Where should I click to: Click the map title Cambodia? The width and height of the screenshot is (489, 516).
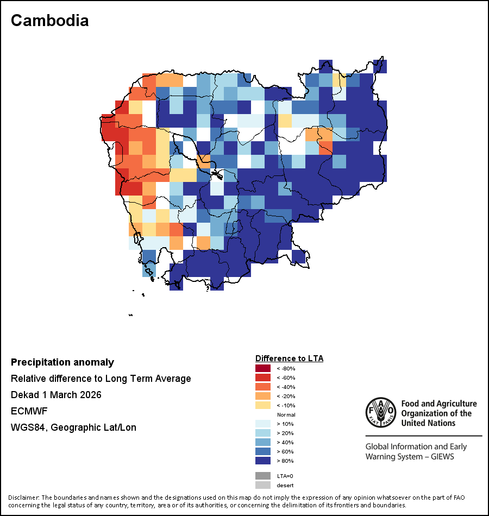[49, 21]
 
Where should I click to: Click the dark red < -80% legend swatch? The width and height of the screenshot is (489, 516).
[262, 368]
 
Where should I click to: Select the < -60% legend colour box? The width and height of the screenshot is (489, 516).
[262, 377]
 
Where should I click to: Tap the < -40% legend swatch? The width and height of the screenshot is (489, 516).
[262, 387]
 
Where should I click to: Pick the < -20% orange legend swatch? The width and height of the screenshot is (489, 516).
[262, 396]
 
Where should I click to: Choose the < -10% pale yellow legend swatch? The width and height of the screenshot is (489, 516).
[262, 405]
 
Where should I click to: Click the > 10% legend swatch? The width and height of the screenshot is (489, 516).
[262, 424]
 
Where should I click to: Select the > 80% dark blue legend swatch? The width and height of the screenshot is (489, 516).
[262, 461]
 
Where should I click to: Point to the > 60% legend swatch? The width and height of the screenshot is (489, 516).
[262, 451]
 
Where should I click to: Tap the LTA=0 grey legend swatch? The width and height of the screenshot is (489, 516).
[262, 476]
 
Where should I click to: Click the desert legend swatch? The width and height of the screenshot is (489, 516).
[262, 485]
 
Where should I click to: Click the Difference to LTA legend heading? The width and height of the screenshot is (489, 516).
[289, 358]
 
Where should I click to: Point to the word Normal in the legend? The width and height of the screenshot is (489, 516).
[286, 414]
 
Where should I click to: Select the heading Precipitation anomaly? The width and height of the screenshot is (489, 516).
[62, 362]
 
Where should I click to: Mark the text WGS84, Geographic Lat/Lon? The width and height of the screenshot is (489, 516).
[73, 427]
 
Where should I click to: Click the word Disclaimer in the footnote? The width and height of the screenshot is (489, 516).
[23, 498]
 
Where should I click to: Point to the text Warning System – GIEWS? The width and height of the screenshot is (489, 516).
[410, 456]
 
